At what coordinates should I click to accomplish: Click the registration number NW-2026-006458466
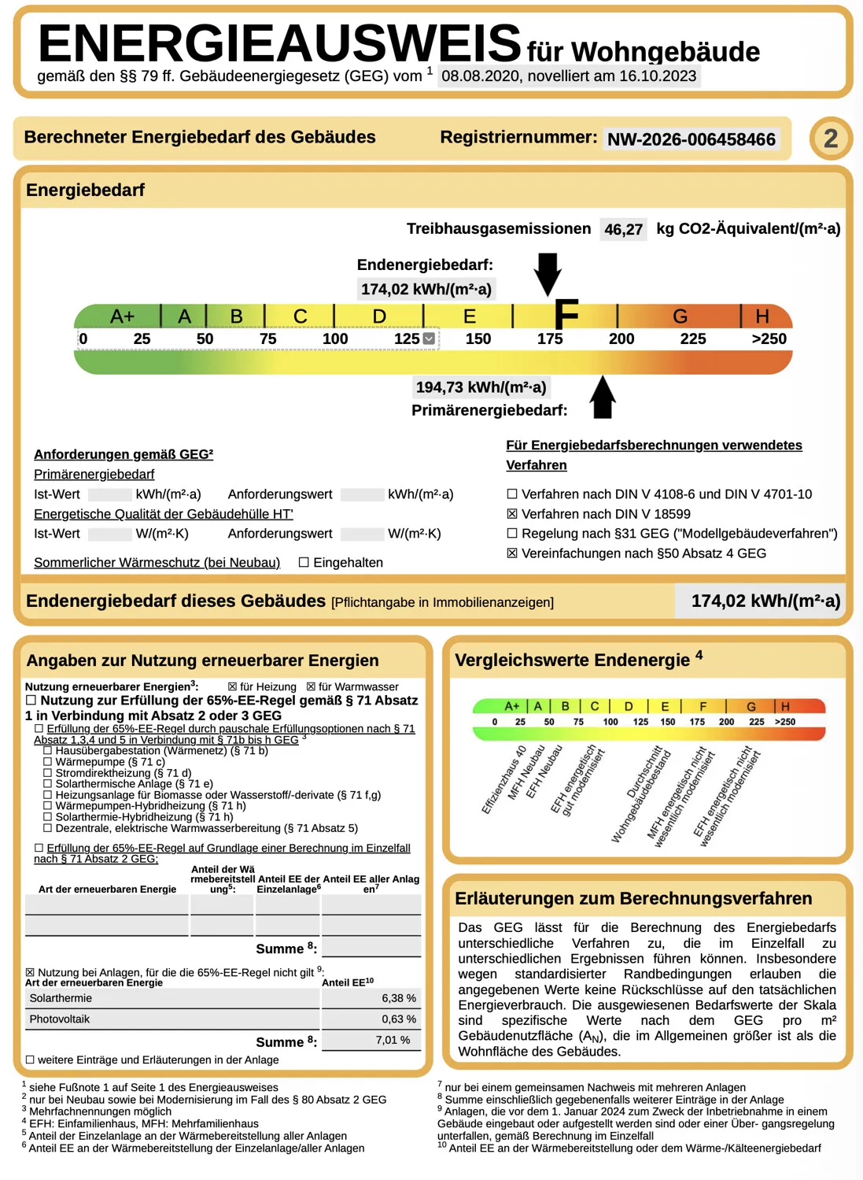coord(691,139)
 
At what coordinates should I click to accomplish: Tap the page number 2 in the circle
coord(831,139)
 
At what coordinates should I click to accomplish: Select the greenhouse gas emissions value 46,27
coord(623,229)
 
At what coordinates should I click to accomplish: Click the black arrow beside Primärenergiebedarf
coord(603,398)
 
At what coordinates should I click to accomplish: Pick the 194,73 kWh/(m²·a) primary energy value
coord(481,387)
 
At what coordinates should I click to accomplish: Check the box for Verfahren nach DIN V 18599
coord(512,513)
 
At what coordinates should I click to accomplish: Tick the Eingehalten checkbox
coord(304,562)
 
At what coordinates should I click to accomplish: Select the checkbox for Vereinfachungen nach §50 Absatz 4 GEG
coord(512,553)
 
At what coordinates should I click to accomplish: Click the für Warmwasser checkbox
coord(311,686)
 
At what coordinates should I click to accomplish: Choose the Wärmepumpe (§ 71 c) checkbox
coord(47,762)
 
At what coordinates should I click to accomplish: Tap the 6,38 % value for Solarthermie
coord(399,998)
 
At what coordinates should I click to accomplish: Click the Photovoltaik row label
coord(60,1019)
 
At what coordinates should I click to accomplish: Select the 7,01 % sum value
coord(393,1040)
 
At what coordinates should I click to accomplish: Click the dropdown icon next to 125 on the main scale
coord(429,338)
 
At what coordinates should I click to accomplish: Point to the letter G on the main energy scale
coord(680,316)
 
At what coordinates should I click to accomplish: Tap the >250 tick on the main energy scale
coord(769,338)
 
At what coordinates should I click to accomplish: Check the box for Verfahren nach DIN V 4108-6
coord(512,494)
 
